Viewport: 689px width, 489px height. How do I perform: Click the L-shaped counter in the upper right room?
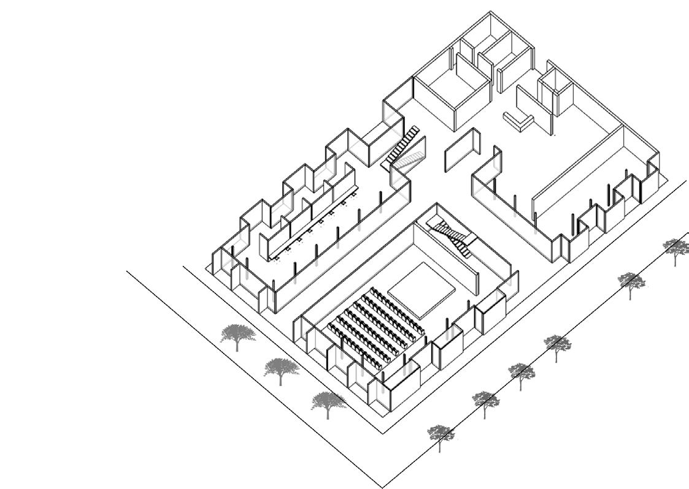tap(517, 120)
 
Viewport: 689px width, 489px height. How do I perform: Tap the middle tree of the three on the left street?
tap(281, 369)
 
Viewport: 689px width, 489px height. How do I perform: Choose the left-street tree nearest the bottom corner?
tap(328, 403)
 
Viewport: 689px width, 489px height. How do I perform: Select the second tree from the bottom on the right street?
tap(485, 401)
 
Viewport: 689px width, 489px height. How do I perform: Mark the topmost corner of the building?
tap(490, 12)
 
